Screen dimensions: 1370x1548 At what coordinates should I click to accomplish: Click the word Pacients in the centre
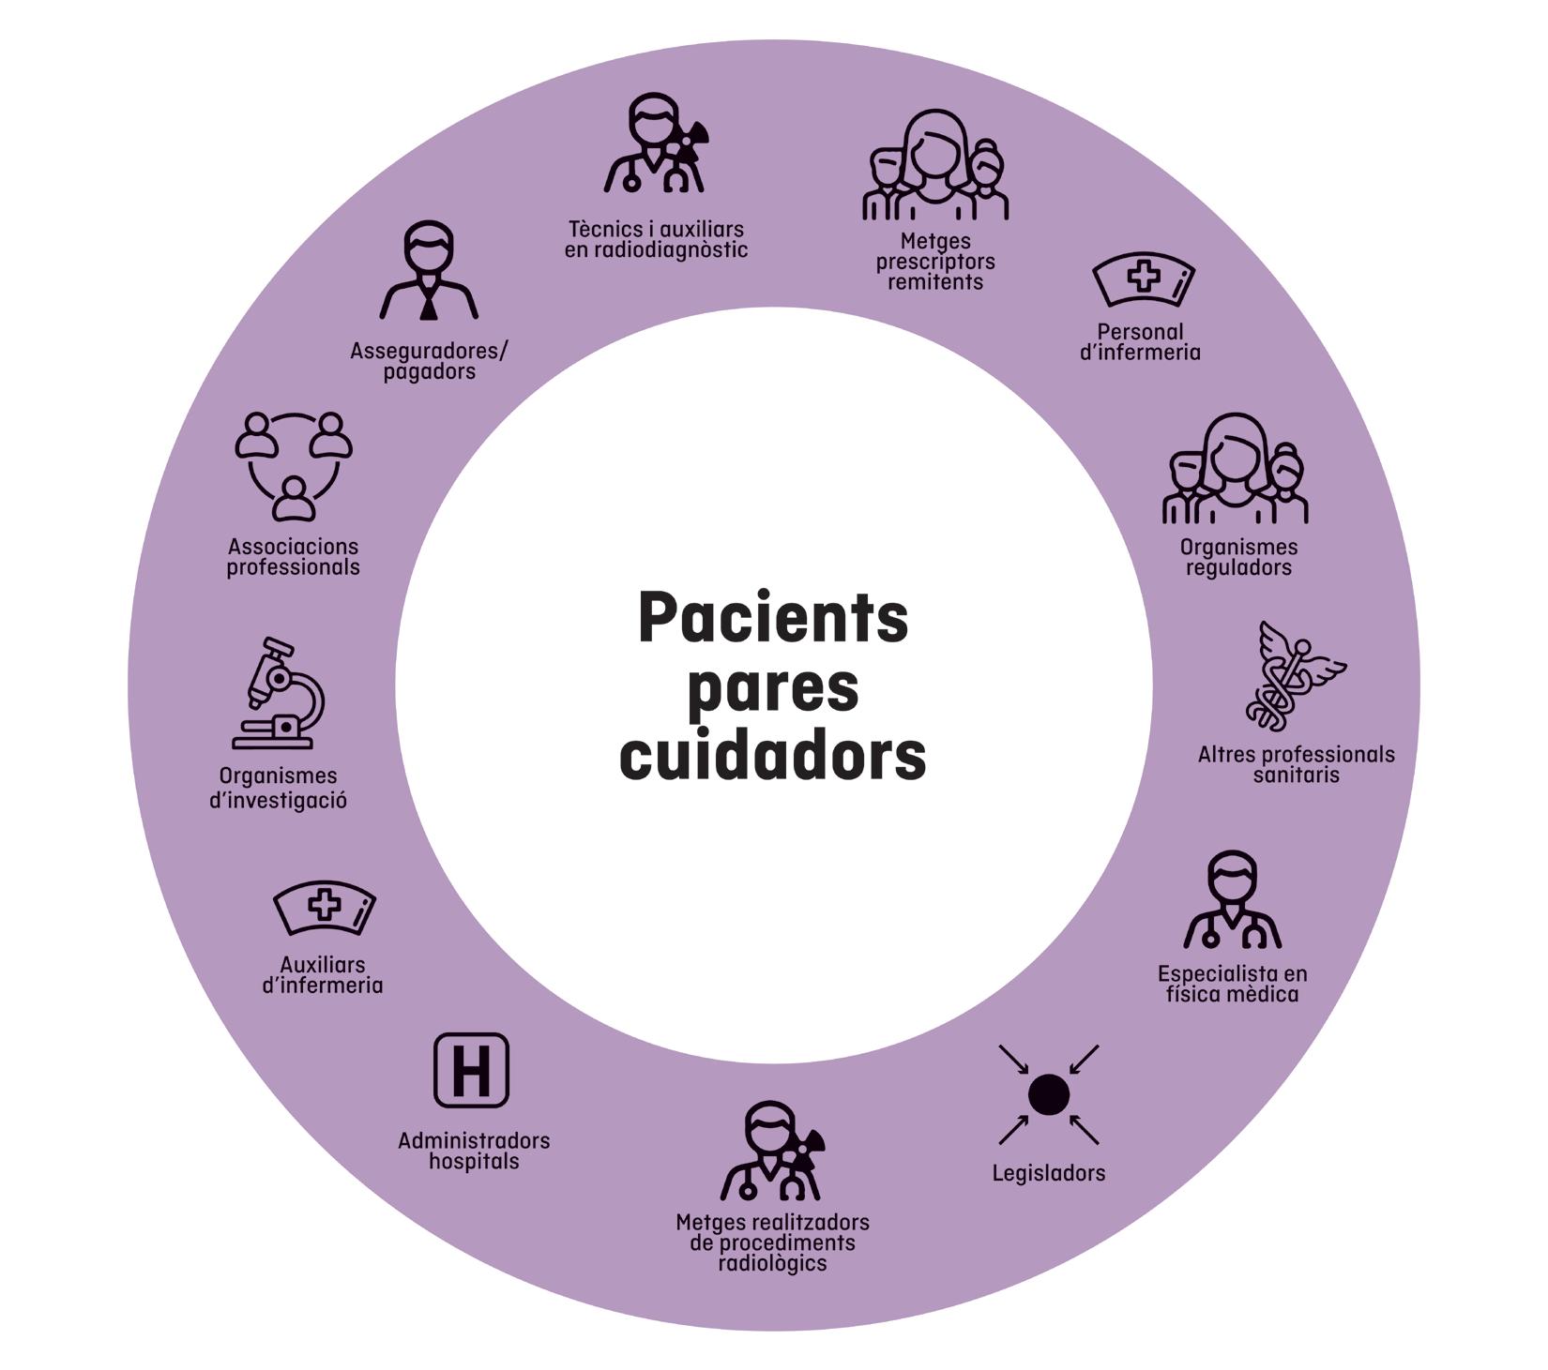point(773,619)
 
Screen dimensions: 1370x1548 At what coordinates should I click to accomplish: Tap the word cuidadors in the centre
point(773,756)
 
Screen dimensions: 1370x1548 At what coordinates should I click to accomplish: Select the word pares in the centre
point(773,688)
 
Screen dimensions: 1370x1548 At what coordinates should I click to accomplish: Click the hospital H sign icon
point(471,1070)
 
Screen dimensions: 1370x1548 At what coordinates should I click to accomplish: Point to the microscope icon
point(279,694)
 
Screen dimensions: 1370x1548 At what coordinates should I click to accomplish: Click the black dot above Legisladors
point(1048,1094)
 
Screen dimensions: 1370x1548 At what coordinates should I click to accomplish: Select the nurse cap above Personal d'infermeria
point(1143,279)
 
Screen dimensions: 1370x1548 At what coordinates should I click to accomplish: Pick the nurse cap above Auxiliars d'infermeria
point(325,907)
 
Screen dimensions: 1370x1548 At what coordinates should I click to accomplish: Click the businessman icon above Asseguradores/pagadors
point(429,272)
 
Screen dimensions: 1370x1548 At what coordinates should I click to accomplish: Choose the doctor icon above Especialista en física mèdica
point(1232,901)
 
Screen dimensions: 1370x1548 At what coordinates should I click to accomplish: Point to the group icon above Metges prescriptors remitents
point(935,167)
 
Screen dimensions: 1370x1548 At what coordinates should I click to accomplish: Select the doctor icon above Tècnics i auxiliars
point(655,144)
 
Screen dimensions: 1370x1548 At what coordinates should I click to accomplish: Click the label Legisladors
point(1048,1173)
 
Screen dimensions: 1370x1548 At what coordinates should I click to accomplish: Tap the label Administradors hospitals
point(474,1151)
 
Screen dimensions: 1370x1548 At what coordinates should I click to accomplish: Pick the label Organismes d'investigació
point(278,788)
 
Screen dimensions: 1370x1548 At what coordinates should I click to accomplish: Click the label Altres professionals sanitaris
point(1296,764)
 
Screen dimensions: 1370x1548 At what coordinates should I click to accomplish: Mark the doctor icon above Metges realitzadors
point(772,1152)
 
